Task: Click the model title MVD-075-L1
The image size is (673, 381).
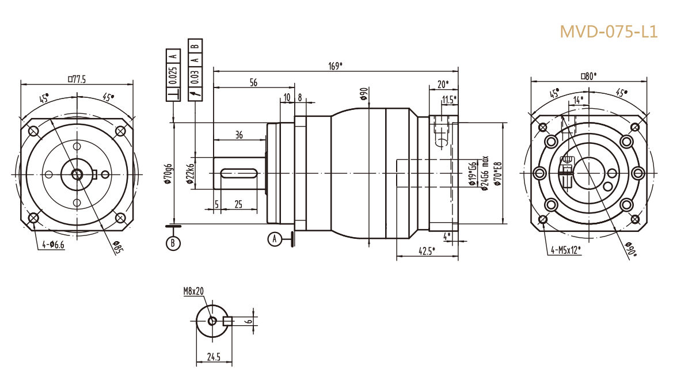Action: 609,32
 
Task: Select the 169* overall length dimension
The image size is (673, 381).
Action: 336,66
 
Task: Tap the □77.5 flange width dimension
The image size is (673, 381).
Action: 77,79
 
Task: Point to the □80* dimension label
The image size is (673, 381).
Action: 588,75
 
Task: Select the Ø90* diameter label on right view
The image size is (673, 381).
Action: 630,249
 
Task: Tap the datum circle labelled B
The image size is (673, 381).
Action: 173,243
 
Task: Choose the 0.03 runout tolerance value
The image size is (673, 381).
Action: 195,76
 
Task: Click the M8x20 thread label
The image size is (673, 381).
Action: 193,292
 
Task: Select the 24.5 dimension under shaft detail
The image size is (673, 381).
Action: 214,357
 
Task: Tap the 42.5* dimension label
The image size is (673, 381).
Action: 426,250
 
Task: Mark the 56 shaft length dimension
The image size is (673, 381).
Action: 253,83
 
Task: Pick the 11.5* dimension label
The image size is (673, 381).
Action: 449,100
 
